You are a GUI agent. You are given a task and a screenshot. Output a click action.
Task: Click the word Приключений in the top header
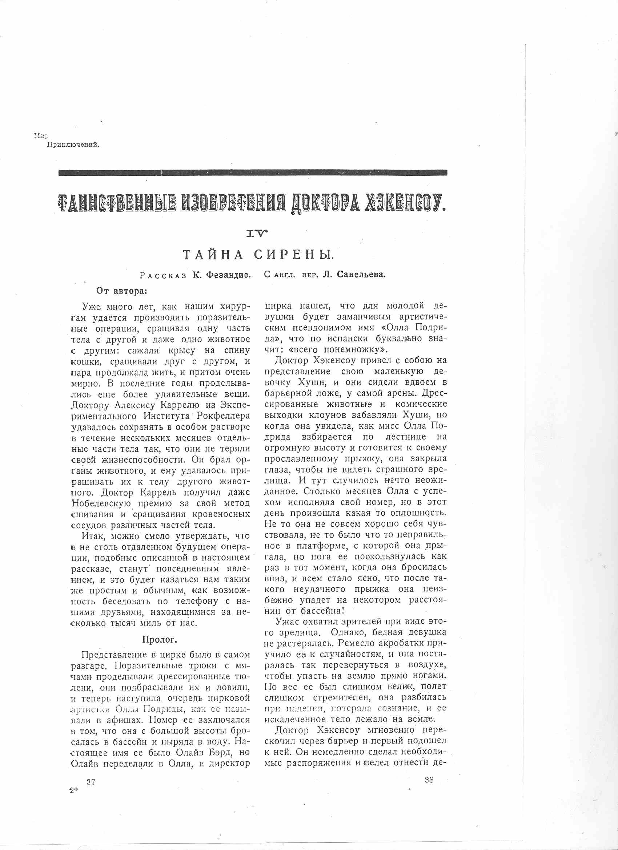[73, 145]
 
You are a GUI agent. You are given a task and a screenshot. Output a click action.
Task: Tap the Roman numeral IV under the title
[257, 234]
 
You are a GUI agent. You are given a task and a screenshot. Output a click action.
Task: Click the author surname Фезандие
[222, 275]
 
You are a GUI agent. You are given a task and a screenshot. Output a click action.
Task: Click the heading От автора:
[122, 291]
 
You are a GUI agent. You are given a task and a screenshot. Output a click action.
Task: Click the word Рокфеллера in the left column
[223, 416]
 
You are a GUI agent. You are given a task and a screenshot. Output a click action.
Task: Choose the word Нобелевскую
[101, 503]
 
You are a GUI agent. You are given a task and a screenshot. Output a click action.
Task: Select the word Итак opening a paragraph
[94, 536]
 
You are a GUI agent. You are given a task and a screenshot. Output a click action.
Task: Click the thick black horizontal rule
[253, 173]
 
